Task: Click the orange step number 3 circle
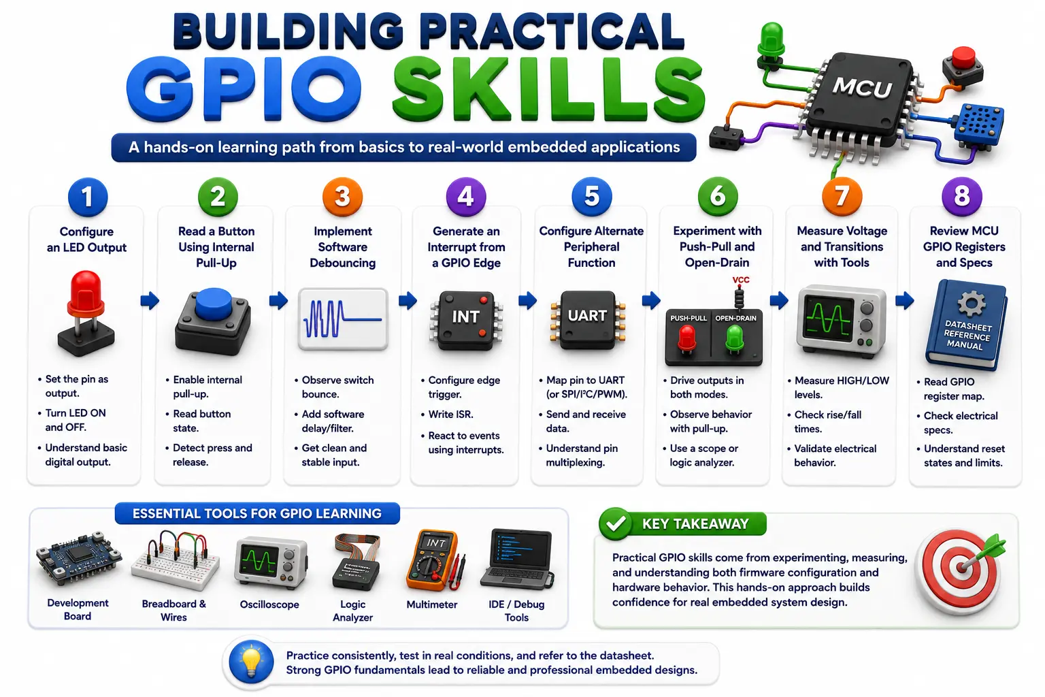[342, 197]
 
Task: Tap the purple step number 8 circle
[962, 197]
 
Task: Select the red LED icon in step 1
[86, 313]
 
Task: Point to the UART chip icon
[587, 320]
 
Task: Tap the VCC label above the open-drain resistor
[741, 280]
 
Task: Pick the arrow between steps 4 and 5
[528, 300]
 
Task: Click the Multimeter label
[431, 604]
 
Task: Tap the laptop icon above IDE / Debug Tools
[517, 560]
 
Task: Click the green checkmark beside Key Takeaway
[615, 524]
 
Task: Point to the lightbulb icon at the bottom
[251, 662]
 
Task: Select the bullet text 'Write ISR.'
[450, 414]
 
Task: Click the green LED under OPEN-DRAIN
[735, 338]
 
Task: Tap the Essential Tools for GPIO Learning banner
[257, 513]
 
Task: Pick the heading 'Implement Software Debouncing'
[342, 247]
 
